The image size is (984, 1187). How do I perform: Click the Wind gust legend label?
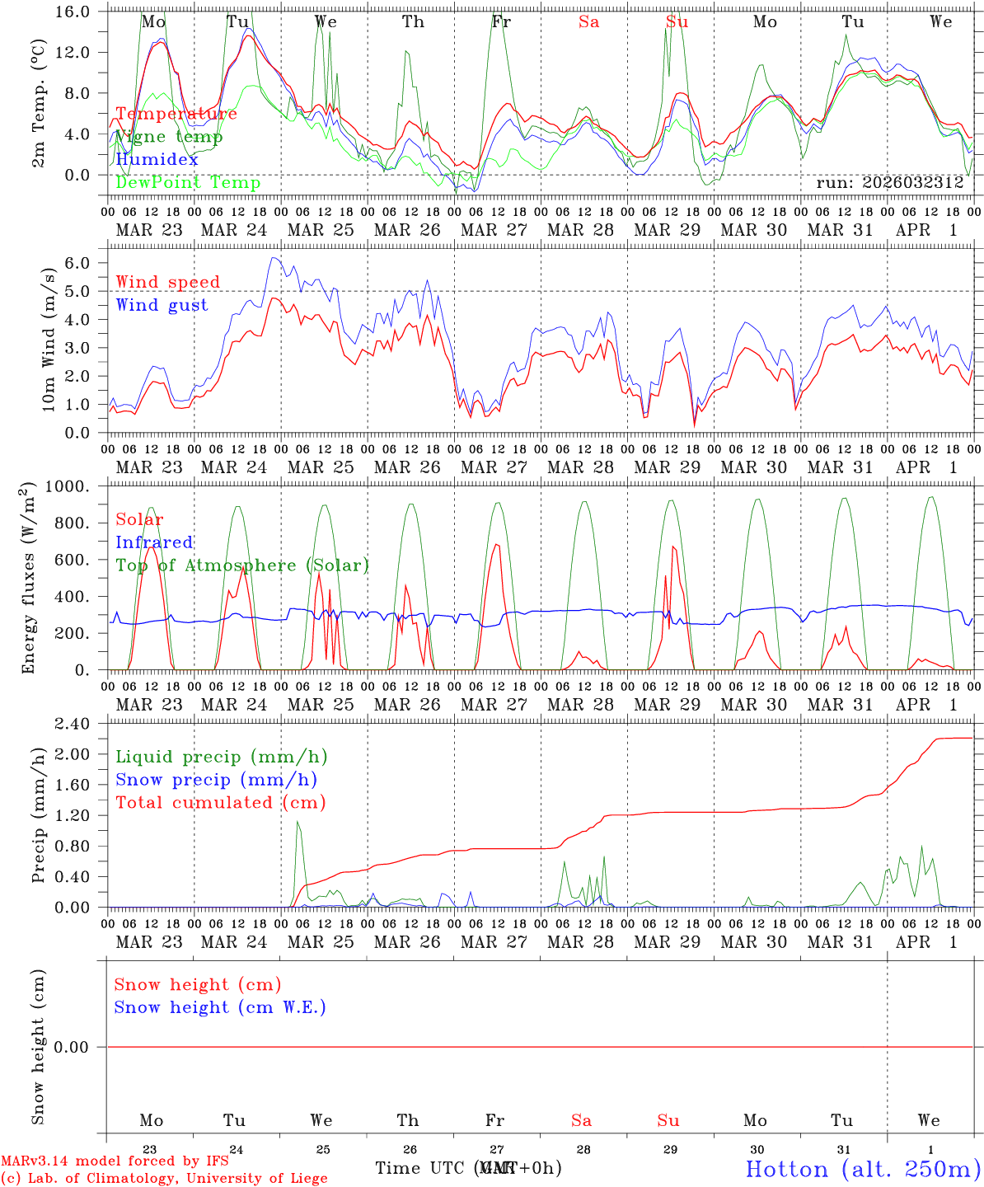coord(162,305)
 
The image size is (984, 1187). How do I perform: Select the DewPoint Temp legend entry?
coord(188,182)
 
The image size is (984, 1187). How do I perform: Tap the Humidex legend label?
coord(157,159)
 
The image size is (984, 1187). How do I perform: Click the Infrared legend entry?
coord(154,542)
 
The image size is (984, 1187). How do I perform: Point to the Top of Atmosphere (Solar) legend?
coord(242,565)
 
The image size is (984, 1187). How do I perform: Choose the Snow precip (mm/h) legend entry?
coord(216,780)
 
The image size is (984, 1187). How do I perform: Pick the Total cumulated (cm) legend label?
coord(221,803)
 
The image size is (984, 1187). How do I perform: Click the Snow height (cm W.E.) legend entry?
coord(220,1007)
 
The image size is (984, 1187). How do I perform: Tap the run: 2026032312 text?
coord(890,182)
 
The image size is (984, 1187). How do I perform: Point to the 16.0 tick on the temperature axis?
coord(74,12)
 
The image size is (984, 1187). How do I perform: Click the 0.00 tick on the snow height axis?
coord(72,1047)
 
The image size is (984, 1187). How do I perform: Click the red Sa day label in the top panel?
coord(588,22)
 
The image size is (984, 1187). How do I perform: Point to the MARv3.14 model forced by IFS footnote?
coord(115,1161)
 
